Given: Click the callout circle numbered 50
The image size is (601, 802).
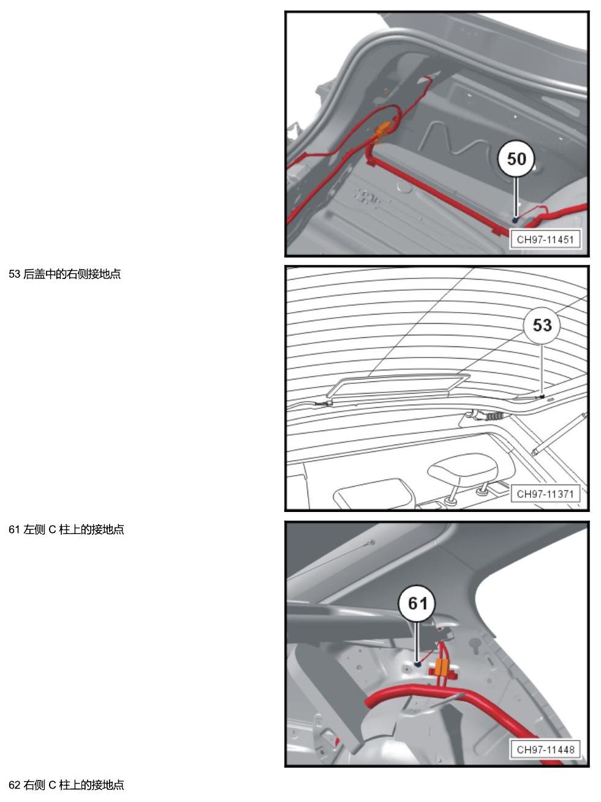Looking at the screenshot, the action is pos(516,159).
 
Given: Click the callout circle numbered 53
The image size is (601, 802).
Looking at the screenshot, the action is pos(542,325).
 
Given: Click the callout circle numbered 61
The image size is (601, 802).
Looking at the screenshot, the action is pos(417,603).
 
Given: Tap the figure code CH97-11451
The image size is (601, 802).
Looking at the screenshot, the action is pos(545,240).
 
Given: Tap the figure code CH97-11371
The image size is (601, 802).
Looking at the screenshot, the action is pos(545,494).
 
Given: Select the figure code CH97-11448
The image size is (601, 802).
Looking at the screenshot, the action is pos(545,749).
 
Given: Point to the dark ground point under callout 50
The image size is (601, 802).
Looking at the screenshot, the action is pos(516,220).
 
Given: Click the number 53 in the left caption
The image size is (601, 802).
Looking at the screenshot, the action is pos(14,274).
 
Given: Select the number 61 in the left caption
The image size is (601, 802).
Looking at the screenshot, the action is pos(14,529).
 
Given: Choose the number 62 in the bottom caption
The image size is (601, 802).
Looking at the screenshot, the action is pos(14,785).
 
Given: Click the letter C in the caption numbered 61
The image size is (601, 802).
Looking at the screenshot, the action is pos(51,529).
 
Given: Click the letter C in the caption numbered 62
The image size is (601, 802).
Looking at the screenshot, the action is pos(51,785).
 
